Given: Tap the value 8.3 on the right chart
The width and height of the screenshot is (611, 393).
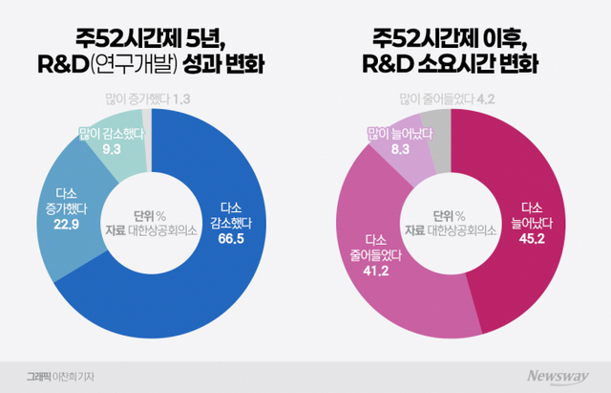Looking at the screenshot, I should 394,149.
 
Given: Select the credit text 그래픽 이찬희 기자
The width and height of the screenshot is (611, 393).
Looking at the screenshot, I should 63,372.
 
